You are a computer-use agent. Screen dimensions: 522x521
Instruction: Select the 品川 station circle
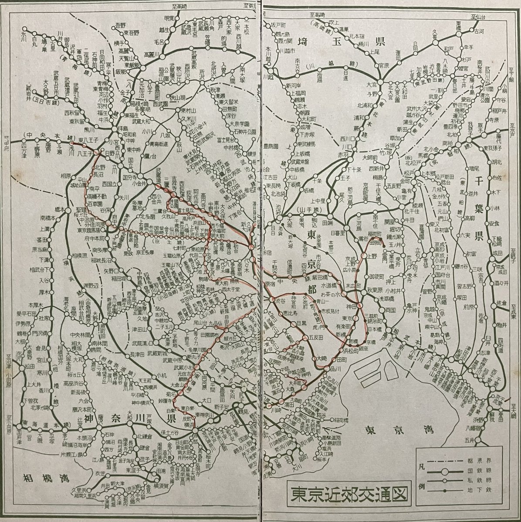(x=325, y=368)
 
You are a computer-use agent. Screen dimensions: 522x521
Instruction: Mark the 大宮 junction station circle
(x=380, y=81)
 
